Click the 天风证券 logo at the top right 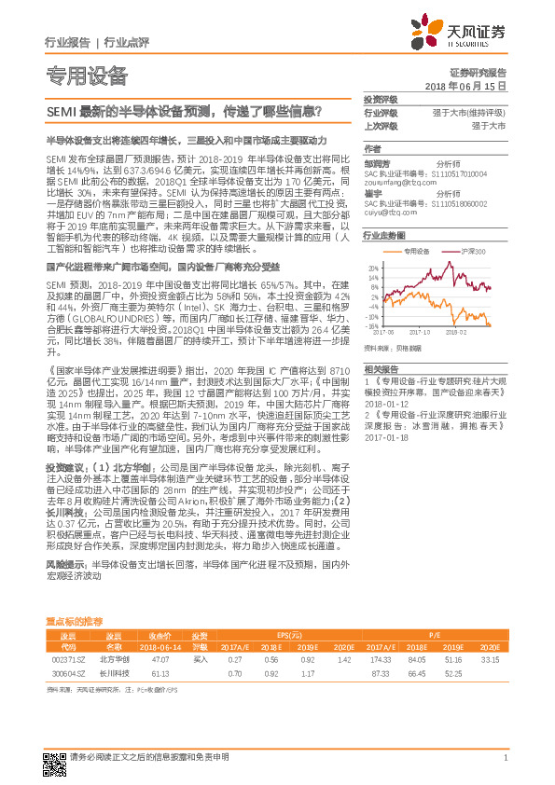pos(464,34)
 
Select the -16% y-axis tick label pos(373,326)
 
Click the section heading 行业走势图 pos(384,237)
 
